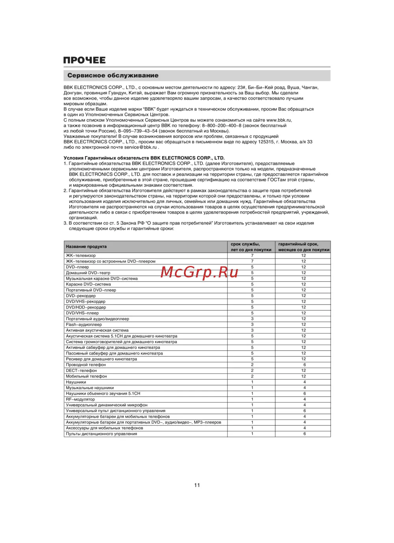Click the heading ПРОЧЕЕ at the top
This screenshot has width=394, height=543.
[x=84, y=60]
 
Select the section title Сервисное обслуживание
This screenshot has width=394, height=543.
[x=113, y=75]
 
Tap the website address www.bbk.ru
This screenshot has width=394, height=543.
[x=279, y=120]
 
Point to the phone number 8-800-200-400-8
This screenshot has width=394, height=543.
[x=221, y=126]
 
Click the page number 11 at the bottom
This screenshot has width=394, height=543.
[x=197, y=485]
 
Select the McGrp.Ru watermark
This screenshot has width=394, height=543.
[x=199, y=272]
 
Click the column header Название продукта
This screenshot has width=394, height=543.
[x=86, y=247]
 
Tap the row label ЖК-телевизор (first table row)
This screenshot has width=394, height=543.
[x=81, y=256]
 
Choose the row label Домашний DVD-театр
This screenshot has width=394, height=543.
[x=88, y=273]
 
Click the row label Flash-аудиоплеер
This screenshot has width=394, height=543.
[x=84, y=325]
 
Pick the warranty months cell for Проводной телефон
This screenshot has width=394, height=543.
[x=304, y=365]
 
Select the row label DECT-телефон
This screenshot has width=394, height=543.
[x=81, y=370]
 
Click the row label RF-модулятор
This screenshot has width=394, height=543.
[x=80, y=399]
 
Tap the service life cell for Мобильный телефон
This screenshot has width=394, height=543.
[x=252, y=376]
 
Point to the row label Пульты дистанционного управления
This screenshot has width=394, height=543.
[x=101, y=434]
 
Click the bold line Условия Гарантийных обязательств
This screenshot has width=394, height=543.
[x=144, y=158]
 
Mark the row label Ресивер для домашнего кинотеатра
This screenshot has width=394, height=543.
[x=101, y=359]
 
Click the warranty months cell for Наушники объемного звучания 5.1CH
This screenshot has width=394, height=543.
[x=304, y=394]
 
